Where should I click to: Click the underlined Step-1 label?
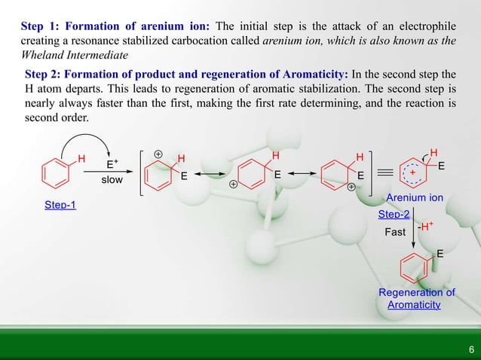(61, 206)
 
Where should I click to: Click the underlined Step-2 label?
(394, 215)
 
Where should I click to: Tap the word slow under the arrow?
(112, 181)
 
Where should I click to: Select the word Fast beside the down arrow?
(395, 232)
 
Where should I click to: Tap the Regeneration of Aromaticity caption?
(416, 298)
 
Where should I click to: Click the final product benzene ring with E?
(415, 266)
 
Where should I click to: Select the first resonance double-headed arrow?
(212, 172)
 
